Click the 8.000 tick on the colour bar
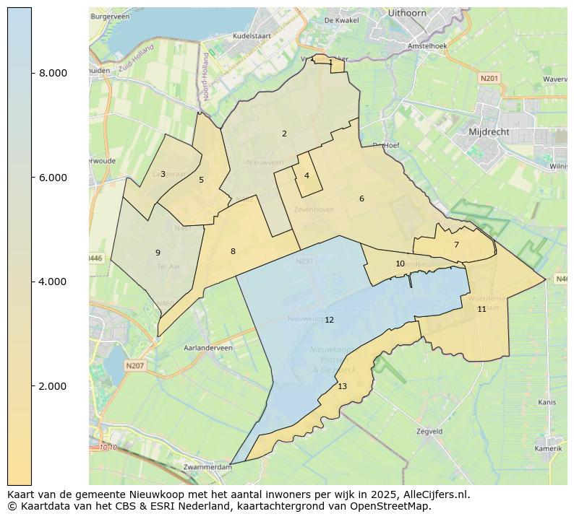pyautogui.click(x=53, y=73)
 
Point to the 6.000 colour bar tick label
pyautogui.click(x=53, y=178)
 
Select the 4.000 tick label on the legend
pyautogui.click(x=53, y=282)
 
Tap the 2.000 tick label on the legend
pyautogui.click(x=53, y=386)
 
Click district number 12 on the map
pyautogui.click(x=329, y=320)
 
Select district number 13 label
pyautogui.click(x=342, y=387)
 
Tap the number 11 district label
pyautogui.click(x=481, y=309)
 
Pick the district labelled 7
pyautogui.click(x=456, y=245)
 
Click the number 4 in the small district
pyautogui.click(x=307, y=175)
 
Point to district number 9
pyautogui.click(x=157, y=253)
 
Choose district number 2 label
pyautogui.click(x=284, y=134)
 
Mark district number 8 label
pyautogui.click(x=233, y=251)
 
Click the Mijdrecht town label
pyautogui.click(x=489, y=133)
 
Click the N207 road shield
pyautogui.click(x=134, y=366)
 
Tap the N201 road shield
pyautogui.click(x=489, y=77)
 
